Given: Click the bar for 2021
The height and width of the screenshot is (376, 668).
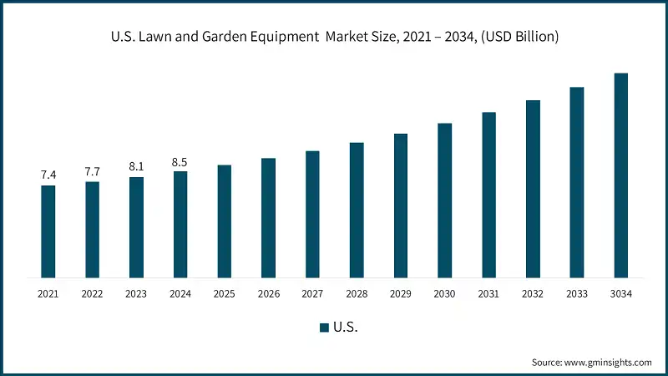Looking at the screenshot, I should pos(48,231).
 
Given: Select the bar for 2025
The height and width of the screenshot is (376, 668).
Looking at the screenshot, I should pos(225,221).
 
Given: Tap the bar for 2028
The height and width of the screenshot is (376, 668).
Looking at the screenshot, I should pos(357,210).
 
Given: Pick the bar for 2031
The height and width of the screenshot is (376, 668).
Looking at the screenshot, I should pos(488,195).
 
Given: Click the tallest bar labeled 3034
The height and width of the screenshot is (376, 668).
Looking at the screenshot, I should pos(620,175).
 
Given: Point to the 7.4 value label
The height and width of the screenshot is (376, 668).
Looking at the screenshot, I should pos(48,175).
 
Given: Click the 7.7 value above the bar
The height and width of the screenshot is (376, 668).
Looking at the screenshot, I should pos(92,171).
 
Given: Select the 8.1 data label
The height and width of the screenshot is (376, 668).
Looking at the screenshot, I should pos(136,166).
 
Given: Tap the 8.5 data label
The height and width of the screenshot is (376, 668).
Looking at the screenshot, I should pos(180,161).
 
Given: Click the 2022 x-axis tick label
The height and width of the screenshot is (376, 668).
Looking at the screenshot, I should pos(92,293).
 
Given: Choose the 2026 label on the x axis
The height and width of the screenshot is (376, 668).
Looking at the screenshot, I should pos(268,293).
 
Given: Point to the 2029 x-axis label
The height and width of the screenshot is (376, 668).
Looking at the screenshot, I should pos(400,293).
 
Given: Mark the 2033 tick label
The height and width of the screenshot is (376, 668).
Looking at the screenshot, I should pos(576,293).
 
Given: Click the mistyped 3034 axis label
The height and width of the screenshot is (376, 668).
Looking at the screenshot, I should pos(620,293).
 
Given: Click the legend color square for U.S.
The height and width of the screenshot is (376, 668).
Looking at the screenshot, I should pos(323,328).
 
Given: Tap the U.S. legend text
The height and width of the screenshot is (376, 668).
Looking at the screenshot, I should pos(345,328).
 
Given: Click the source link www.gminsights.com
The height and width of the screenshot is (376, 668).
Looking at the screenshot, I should pos(607,362).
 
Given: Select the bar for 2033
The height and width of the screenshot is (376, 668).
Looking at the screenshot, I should pos(576,182).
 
